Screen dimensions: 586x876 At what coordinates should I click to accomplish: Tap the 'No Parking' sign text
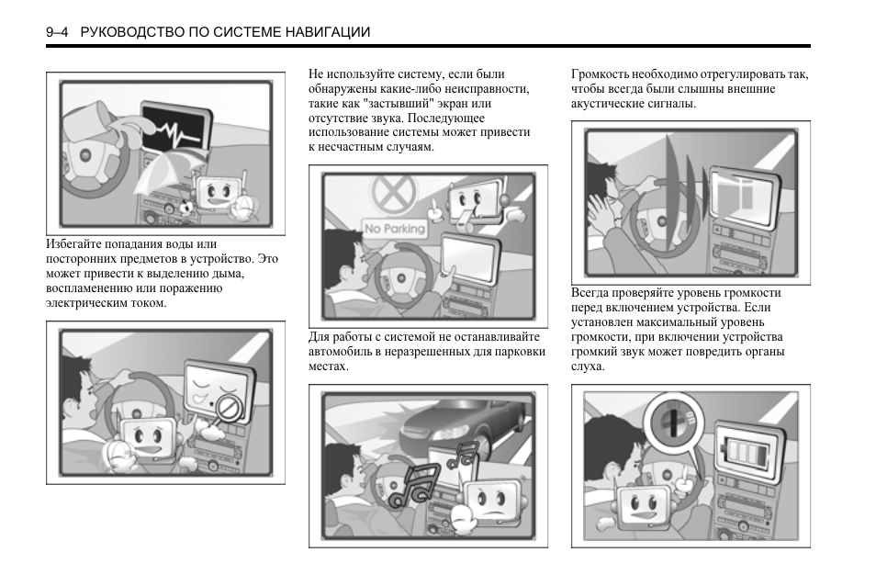395,228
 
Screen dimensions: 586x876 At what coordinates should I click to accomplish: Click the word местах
328,366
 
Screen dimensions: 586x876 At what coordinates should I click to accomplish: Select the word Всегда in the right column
591,293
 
